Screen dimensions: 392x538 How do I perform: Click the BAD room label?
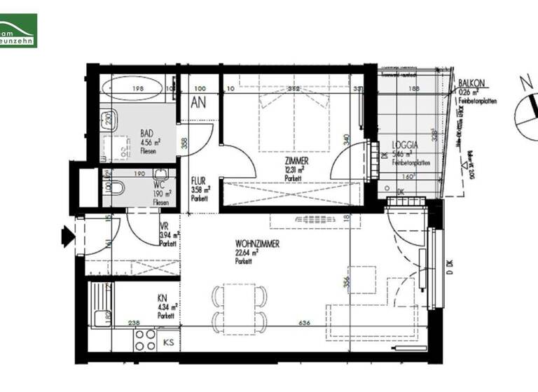click(147, 133)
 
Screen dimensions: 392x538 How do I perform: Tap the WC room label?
click(158, 185)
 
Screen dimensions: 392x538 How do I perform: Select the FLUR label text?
click(198, 181)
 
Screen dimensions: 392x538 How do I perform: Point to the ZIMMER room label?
click(296, 160)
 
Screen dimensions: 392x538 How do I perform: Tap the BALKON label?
click(471, 83)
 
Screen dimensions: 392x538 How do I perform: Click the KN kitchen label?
click(162, 297)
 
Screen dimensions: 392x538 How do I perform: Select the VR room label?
click(163, 227)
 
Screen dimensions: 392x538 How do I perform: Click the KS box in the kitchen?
click(169, 343)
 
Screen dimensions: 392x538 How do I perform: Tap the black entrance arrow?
click(67, 235)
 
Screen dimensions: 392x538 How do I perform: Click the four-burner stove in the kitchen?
click(145, 340)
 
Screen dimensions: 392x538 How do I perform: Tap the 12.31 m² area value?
click(294, 169)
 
